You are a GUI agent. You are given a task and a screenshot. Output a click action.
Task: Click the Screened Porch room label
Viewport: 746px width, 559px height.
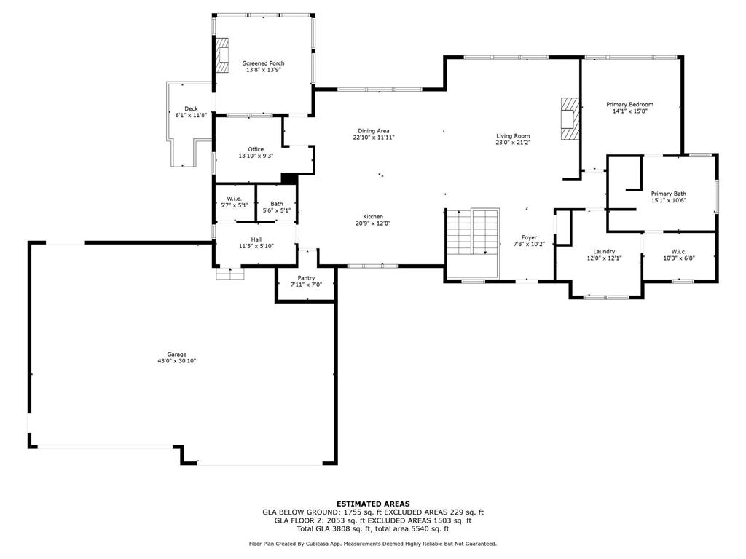point(263,63)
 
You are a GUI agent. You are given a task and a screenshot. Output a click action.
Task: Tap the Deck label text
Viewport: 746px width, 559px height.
point(191,108)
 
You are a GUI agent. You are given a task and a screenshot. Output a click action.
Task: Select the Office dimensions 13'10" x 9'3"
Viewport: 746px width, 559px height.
point(256,156)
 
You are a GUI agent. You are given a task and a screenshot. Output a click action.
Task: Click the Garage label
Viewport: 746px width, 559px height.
point(177,354)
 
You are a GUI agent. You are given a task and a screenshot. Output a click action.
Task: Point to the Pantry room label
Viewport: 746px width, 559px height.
point(305,278)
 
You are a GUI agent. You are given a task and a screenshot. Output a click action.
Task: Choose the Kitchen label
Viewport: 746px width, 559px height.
point(373,217)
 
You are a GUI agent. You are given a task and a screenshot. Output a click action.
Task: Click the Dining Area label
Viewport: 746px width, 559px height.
point(373,131)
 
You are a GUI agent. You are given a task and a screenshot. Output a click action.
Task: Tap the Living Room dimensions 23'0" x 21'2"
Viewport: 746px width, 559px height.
point(513,143)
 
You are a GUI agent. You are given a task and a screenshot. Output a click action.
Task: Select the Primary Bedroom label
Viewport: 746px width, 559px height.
point(629,105)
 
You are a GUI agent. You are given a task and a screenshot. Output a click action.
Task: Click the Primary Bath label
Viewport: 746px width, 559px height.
point(668,194)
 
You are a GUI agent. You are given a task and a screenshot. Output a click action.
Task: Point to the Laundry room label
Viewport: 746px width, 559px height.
point(604,251)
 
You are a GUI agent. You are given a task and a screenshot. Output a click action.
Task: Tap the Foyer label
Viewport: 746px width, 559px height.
point(528,238)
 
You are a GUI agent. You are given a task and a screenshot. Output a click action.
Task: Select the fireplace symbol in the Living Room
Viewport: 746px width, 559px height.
point(569,117)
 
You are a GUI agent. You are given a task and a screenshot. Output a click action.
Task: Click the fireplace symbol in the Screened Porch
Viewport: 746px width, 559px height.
point(221,55)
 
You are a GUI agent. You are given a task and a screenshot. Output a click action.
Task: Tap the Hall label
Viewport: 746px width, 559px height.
point(256,239)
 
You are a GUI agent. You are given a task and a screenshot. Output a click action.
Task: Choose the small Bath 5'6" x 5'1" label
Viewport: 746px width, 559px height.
point(276,204)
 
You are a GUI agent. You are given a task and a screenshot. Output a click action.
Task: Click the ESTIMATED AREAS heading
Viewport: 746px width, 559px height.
point(373,504)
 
